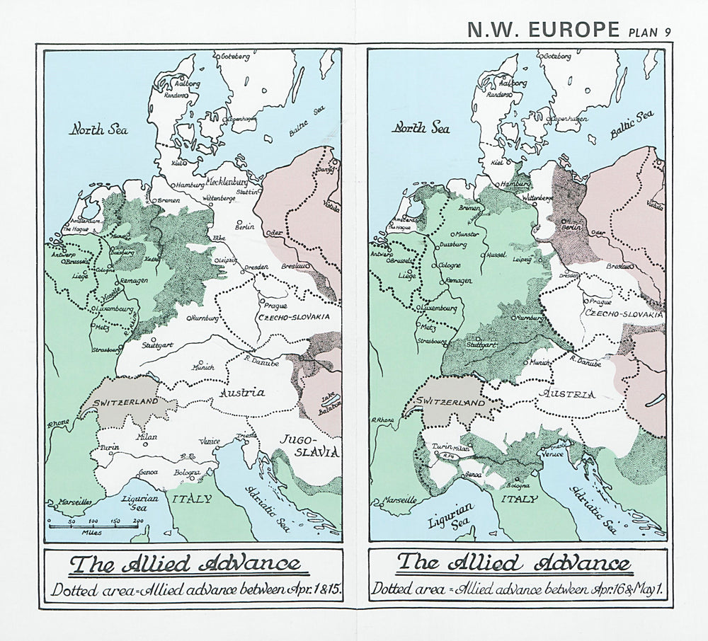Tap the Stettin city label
(x=247, y=192)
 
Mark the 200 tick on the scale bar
(x=137, y=521)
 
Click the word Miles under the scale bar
(x=91, y=532)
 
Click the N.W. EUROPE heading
(x=543, y=29)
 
